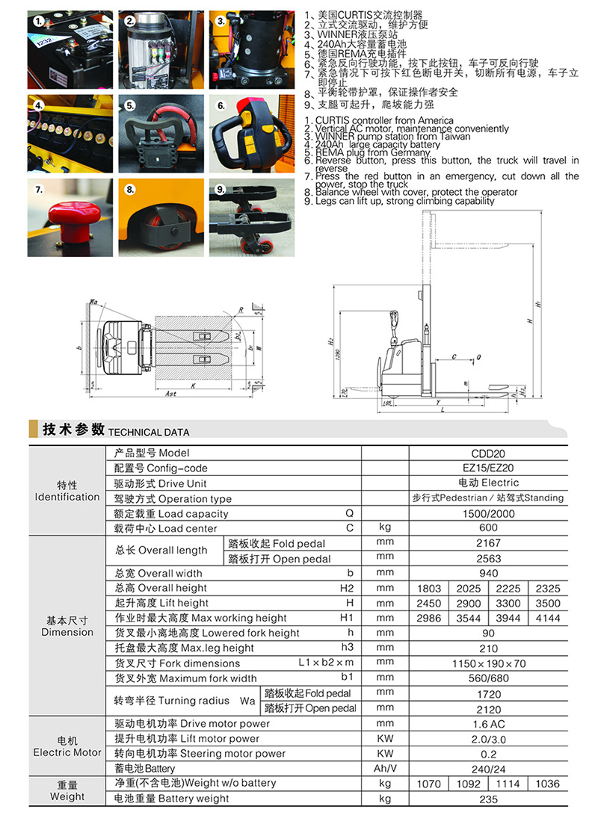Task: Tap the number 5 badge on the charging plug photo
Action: [x=129, y=106]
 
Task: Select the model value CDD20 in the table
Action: [x=488, y=453]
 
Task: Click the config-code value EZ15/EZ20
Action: [x=488, y=468]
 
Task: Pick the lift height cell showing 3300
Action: [x=508, y=603]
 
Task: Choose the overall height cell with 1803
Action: [x=429, y=588]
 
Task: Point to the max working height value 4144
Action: [x=547, y=618]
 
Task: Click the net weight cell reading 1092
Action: [x=467, y=783]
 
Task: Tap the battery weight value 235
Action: [x=488, y=799]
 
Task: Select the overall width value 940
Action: [x=488, y=573]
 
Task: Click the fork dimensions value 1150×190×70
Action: [x=488, y=663]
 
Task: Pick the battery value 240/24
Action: [x=488, y=768]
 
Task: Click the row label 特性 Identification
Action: [x=67, y=491]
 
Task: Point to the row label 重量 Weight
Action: [x=67, y=791]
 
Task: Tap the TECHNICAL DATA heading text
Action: [x=149, y=432]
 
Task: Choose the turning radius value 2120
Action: [x=488, y=708]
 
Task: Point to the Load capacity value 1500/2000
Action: [x=488, y=513]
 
